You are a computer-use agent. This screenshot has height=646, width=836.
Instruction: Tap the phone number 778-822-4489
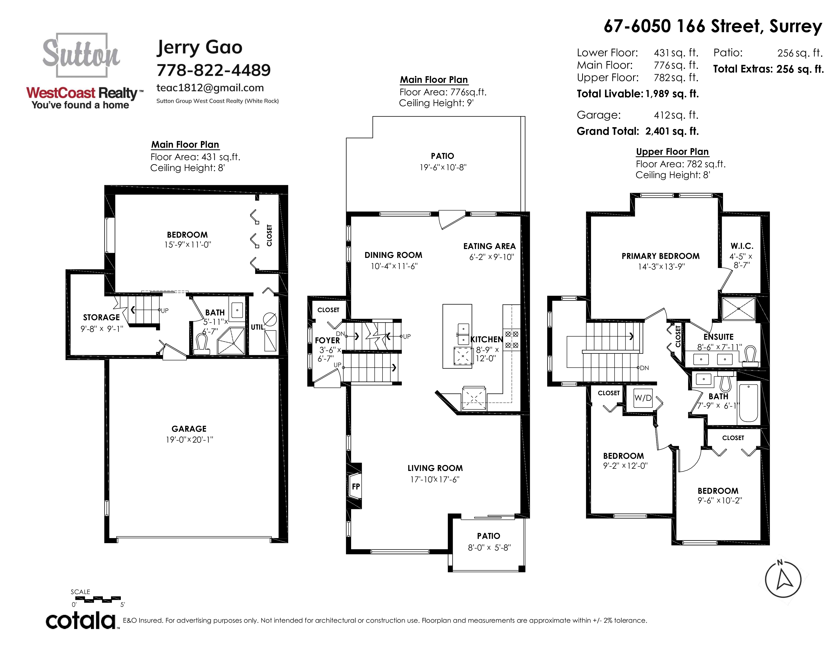click(x=214, y=70)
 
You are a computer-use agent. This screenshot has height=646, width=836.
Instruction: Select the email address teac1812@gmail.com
click(x=210, y=88)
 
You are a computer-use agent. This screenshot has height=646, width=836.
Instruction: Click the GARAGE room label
click(x=189, y=429)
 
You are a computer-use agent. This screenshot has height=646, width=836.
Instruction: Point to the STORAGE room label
click(x=101, y=317)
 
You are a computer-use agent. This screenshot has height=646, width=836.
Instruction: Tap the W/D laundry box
click(x=643, y=398)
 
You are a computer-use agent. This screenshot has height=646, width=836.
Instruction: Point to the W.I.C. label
click(x=742, y=246)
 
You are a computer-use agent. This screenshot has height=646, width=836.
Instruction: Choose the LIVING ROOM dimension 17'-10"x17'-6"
click(x=435, y=479)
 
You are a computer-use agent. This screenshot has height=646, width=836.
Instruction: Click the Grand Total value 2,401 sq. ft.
click(x=672, y=131)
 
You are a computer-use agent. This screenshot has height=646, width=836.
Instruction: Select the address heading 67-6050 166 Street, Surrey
click(x=713, y=26)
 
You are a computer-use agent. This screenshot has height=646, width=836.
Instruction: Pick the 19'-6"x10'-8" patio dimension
click(x=443, y=167)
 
